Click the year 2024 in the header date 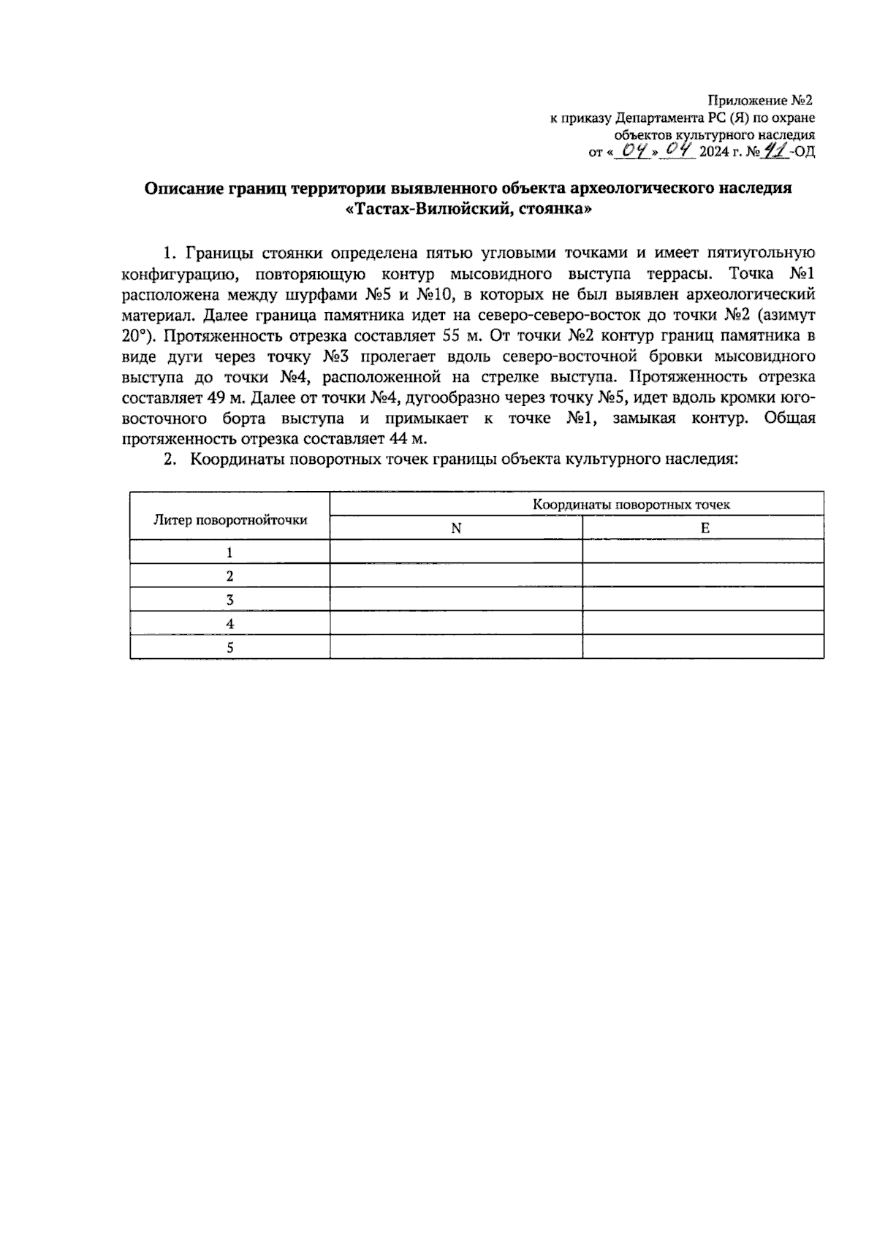pos(715,153)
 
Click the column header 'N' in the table pos(456,528)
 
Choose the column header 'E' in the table pos(705,528)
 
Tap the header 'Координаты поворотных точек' pos(631,504)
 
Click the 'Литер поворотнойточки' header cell pos(229,519)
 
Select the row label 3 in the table pos(229,600)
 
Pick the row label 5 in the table pos(229,647)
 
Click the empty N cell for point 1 pos(456,552)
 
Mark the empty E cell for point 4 pos(703,623)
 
